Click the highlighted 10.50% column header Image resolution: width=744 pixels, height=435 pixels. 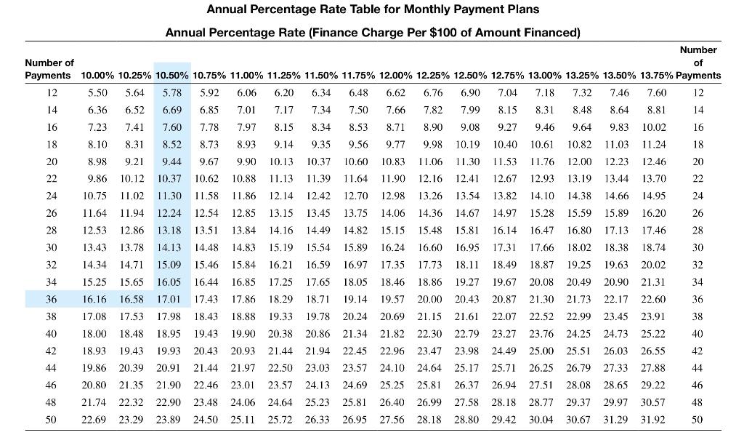172,76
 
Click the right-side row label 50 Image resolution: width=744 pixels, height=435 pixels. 697,420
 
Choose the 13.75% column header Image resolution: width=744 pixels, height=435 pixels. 656,76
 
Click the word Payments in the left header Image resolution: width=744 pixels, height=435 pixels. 48,76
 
